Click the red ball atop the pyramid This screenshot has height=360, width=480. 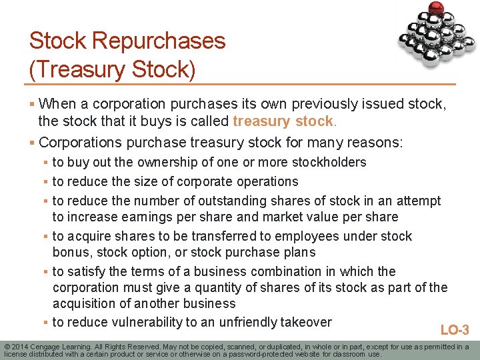coord(437,8)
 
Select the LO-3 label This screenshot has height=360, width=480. coord(455,330)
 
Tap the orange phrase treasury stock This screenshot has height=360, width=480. coord(283,121)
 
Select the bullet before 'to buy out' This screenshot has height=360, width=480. coord(45,162)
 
